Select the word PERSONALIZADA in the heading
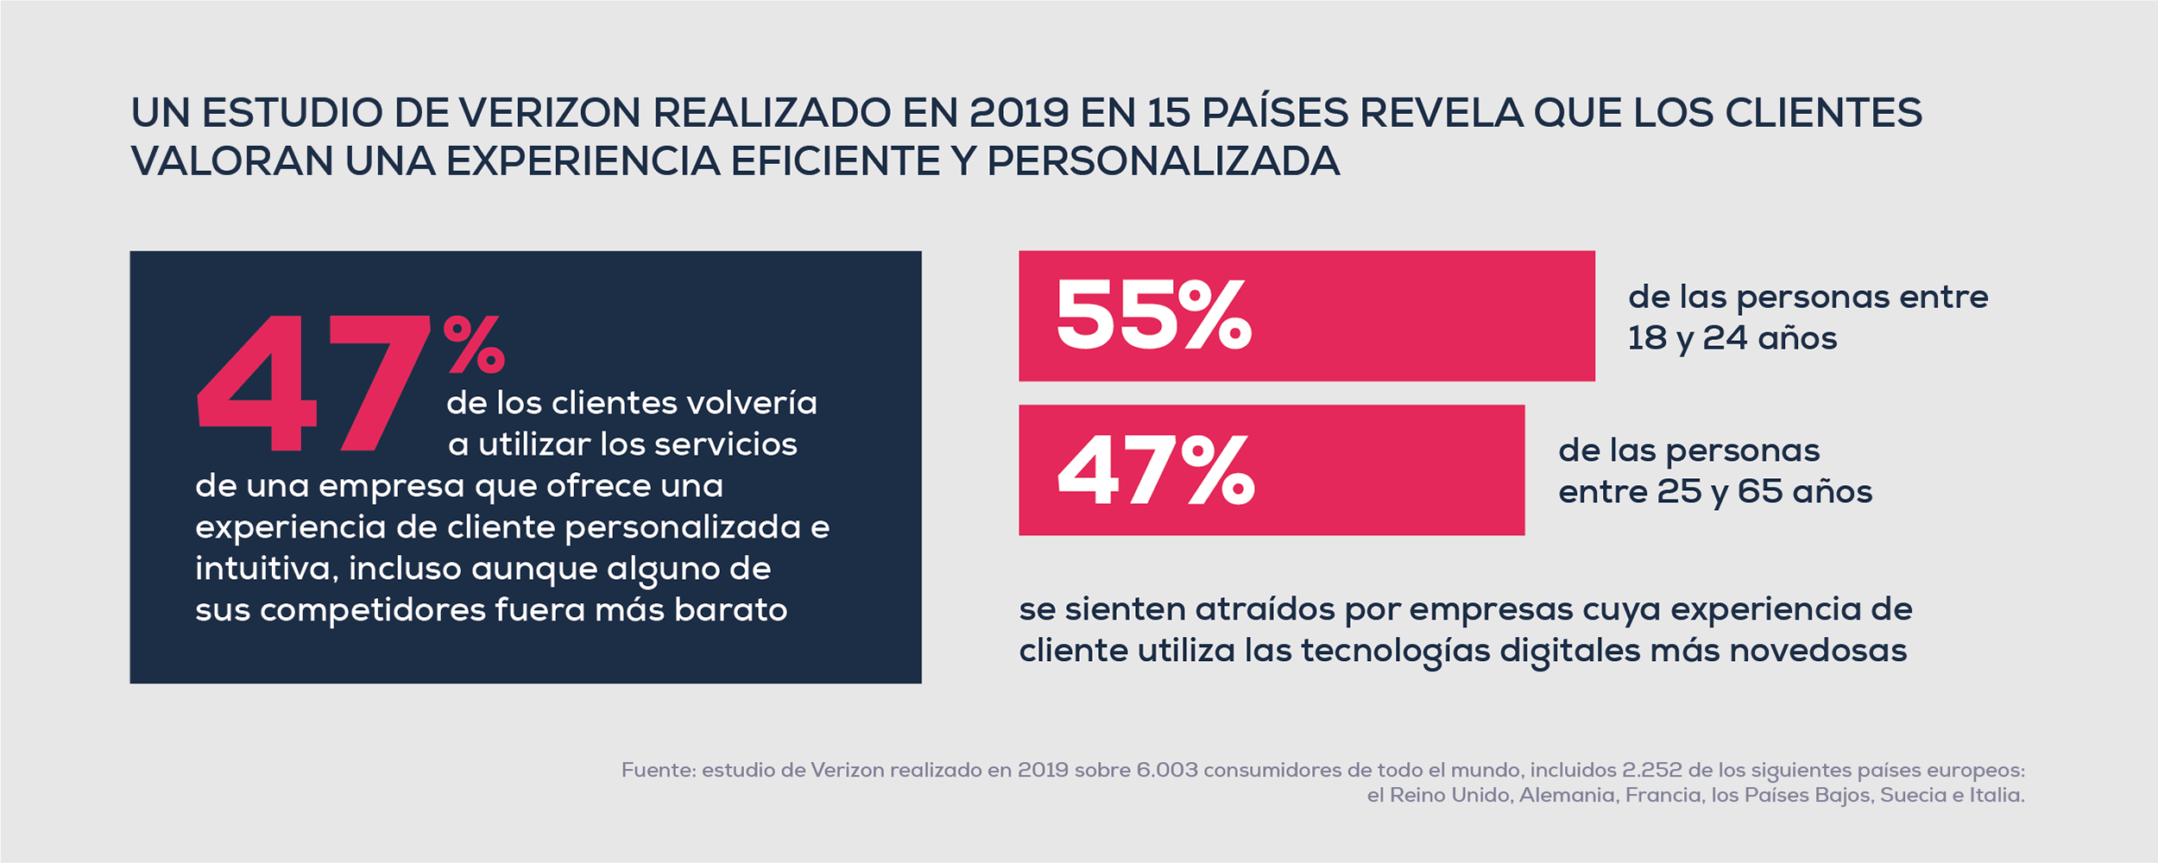1163,161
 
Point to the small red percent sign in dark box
474,343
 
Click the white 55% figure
1153,316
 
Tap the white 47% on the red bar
1156,470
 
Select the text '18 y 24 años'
1732,338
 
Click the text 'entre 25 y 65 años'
1715,492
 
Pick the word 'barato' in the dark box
730,610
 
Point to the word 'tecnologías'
1395,651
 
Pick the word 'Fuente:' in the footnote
658,770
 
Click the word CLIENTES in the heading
1823,113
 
